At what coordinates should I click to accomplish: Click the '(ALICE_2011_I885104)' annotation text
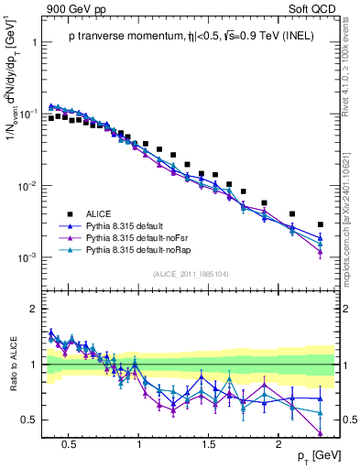(191, 273)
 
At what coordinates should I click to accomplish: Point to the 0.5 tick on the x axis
(68, 442)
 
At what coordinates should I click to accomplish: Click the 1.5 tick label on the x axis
(209, 442)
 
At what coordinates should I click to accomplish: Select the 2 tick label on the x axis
(281, 442)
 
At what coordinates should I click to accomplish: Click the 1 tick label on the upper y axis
(34, 42)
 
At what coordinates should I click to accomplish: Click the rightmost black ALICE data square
(320, 224)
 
